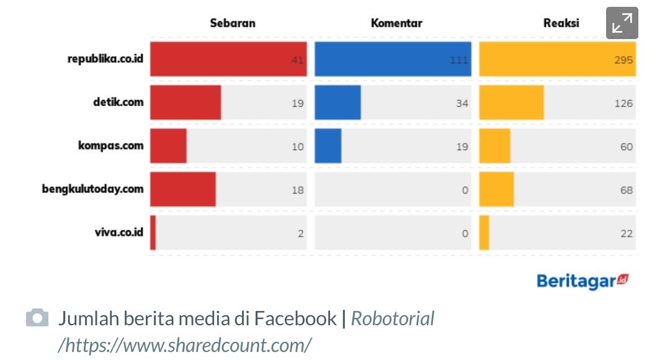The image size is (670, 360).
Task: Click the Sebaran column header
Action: (x=232, y=24)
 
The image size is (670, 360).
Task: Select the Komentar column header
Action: (x=396, y=24)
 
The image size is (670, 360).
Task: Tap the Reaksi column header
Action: (x=561, y=24)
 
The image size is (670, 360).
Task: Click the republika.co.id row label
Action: (x=105, y=59)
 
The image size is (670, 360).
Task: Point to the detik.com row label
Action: (x=114, y=102)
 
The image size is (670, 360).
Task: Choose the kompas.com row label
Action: (x=110, y=146)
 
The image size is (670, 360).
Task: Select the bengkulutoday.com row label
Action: (x=92, y=189)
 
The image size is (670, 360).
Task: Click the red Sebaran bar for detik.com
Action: (x=185, y=102)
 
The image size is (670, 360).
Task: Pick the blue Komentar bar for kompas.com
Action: (x=328, y=146)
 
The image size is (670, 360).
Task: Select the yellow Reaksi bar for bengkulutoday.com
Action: (x=496, y=189)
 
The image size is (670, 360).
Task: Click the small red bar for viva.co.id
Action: (x=153, y=233)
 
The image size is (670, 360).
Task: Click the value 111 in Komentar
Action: (x=459, y=60)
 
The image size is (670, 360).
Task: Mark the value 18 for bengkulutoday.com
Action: (x=298, y=190)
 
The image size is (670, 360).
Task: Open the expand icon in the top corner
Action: (x=622, y=24)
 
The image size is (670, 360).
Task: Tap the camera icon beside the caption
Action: (x=37, y=318)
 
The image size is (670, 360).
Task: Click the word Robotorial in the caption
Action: (x=393, y=319)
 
